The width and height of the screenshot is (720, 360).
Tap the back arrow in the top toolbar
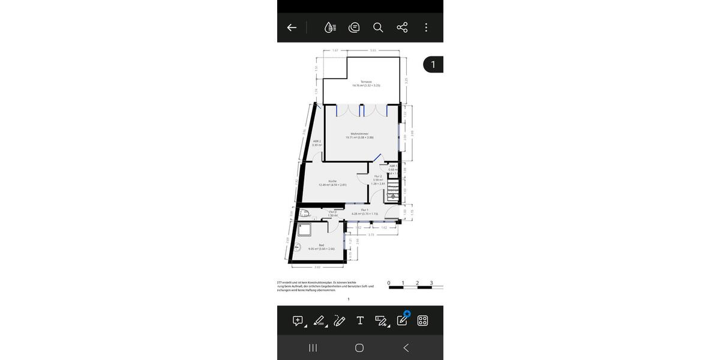pos(292,28)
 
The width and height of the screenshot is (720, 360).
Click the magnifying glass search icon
pos(378,28)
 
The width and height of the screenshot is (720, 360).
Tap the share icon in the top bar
pos(402,28)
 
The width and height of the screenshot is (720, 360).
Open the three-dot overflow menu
pos(426,28)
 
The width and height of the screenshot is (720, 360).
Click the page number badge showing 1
pos(433,64)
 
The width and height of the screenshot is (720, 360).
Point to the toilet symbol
pos(304,214)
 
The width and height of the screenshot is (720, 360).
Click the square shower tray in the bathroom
pos(303,230)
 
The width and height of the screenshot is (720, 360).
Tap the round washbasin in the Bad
pos(298,245)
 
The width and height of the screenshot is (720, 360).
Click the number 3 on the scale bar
pos(431,283)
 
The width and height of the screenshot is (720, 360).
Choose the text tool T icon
pos(360,320)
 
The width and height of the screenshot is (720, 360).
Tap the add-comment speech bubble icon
pos(298,320)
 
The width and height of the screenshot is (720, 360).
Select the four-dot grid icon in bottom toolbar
pos(422,320)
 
